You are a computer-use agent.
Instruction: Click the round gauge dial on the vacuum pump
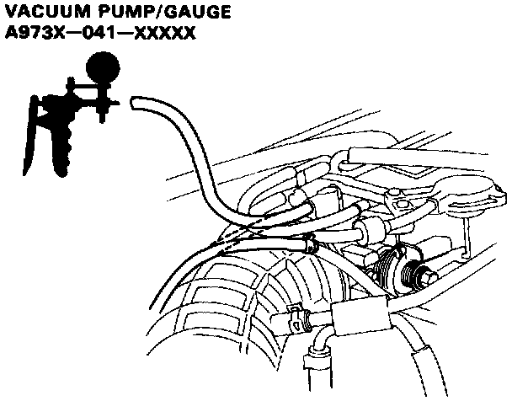103,67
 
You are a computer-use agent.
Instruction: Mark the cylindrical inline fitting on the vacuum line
371,227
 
